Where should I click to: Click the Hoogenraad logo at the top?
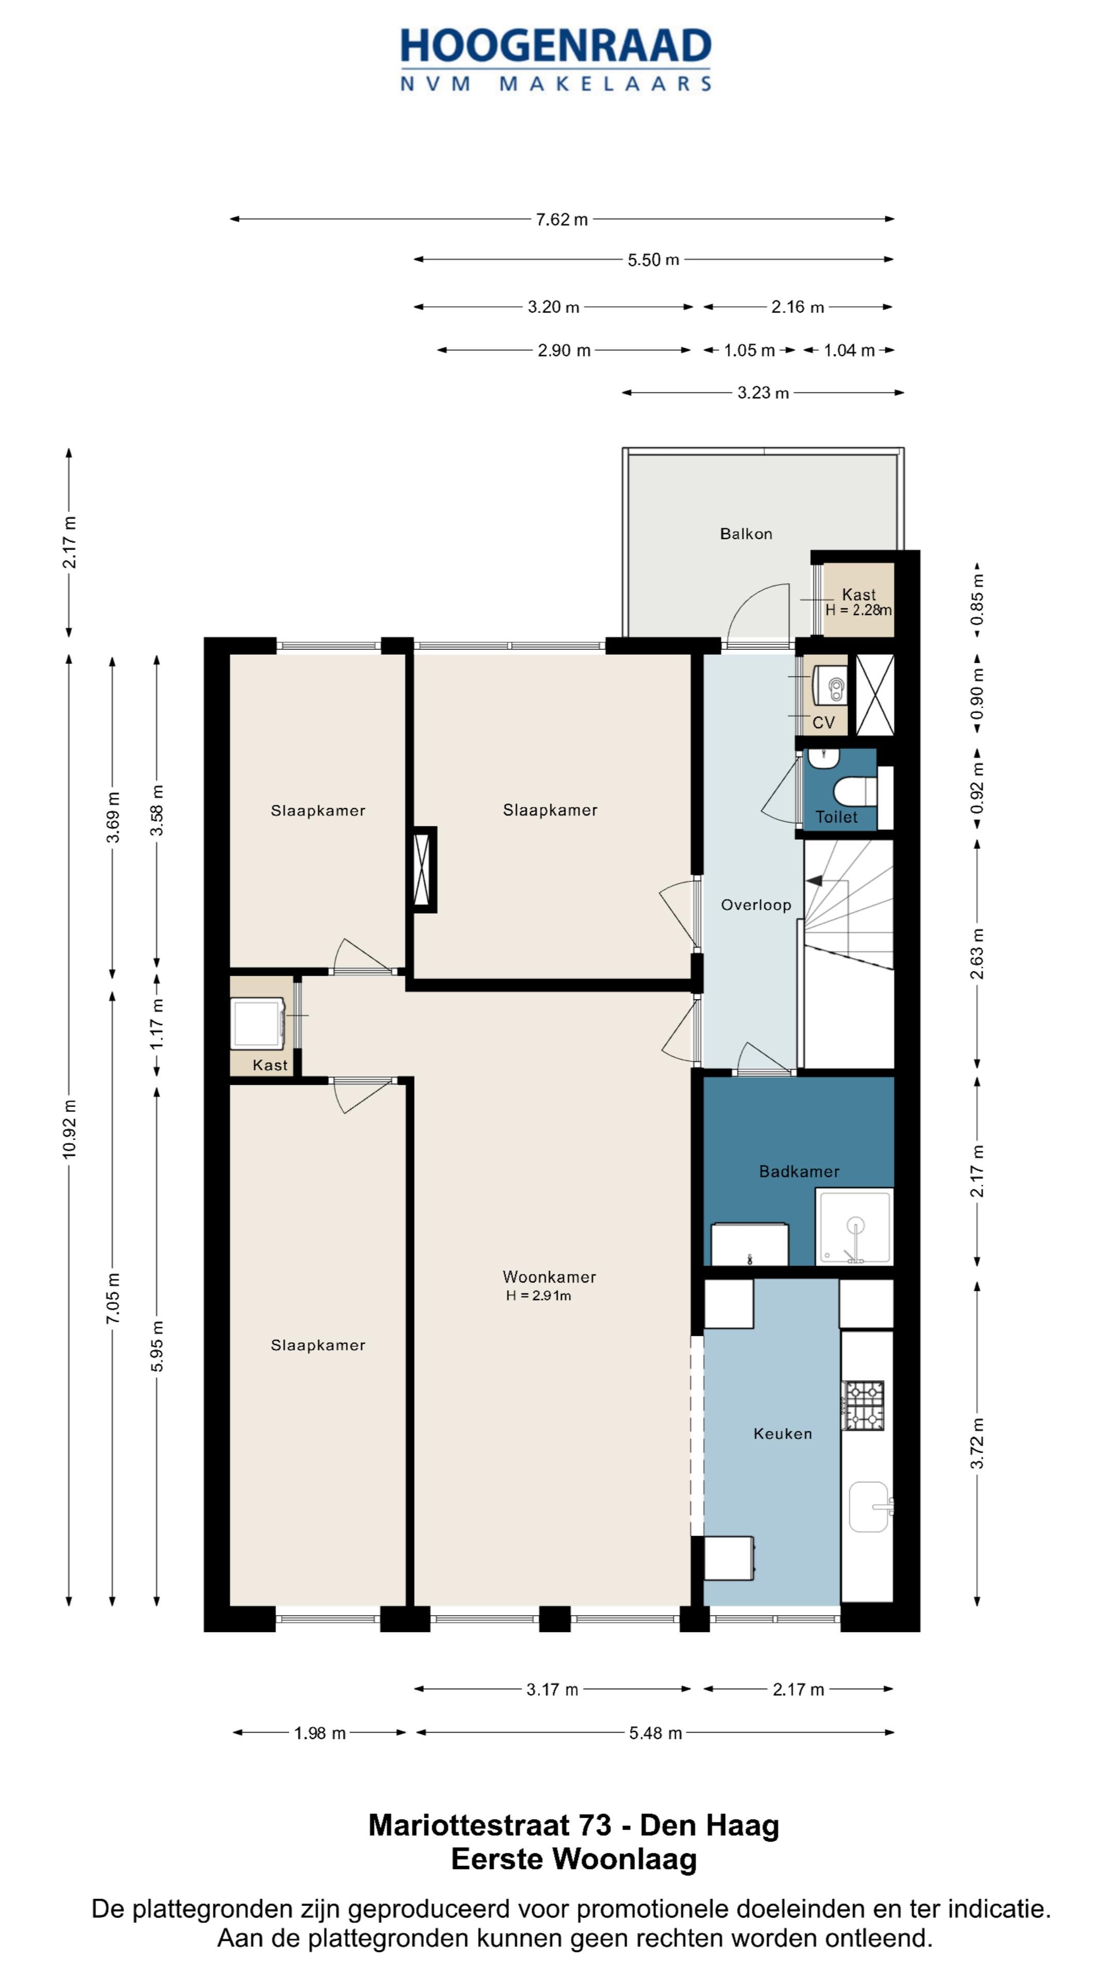coord(555,60)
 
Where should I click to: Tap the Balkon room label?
coord(746,534)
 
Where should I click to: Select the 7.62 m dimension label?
coord(562,219)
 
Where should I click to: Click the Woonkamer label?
coord(549,1277)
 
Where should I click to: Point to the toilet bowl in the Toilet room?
coord(854,791)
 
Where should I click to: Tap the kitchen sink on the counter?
coord(871,1507)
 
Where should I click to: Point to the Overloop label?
coord(756,906)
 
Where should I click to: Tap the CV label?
coord(823,723)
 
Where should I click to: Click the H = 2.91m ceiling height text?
coord(538,1296)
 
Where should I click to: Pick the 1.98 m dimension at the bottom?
coord(319,1733)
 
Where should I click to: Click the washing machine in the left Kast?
coord(258,1024)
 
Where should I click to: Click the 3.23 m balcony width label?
coord(763,393)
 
